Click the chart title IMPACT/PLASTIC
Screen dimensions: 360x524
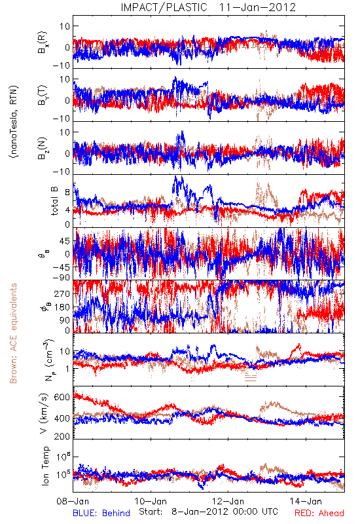164,7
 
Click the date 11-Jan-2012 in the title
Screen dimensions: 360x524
257,7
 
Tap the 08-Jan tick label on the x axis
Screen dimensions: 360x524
73,501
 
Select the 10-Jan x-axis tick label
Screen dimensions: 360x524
151,501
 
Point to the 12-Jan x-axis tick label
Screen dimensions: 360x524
228,501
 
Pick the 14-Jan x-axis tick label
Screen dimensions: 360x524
306,501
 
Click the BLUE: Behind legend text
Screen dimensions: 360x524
101,513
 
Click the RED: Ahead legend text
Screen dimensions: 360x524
319,513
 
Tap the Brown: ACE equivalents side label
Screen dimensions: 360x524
13,333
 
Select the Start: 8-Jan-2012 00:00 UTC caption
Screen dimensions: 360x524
208,512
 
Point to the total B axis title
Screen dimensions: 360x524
54,200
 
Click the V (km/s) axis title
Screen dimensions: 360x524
44,414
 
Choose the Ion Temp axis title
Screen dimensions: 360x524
45,466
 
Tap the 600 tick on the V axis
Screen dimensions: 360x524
62,397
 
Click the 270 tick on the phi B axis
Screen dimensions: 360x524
62,293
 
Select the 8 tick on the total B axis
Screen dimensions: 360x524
67,193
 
